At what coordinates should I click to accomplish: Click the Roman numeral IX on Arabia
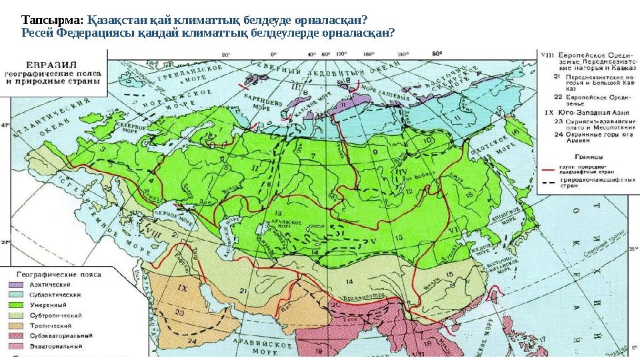[183, 288]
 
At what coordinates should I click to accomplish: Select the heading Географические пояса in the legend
[53, 273]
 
